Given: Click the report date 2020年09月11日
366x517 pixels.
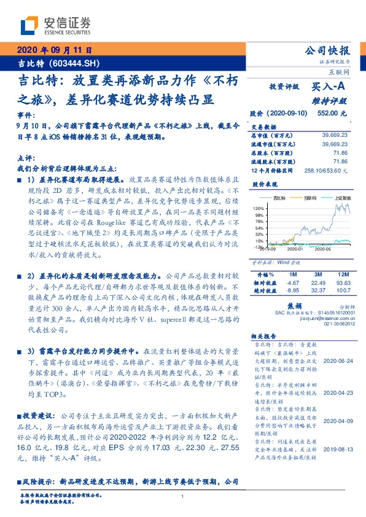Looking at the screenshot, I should pyautogui.click(x=53, y=50).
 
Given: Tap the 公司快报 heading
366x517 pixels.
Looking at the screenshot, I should pyautogui.click(x=329, y=51).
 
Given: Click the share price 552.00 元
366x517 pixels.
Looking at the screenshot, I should pyautogui.click(x=332, y=114).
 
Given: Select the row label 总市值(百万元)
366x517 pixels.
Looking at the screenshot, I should pyautogui.click(x=271, y=134).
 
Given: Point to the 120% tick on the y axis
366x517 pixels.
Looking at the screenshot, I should pyautogui.click(x=259, y=209).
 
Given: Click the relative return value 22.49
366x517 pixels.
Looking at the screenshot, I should pyautogui.click(x=317, y=282).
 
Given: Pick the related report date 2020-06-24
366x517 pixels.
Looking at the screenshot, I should pyautogui.click(x=338, y=361).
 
